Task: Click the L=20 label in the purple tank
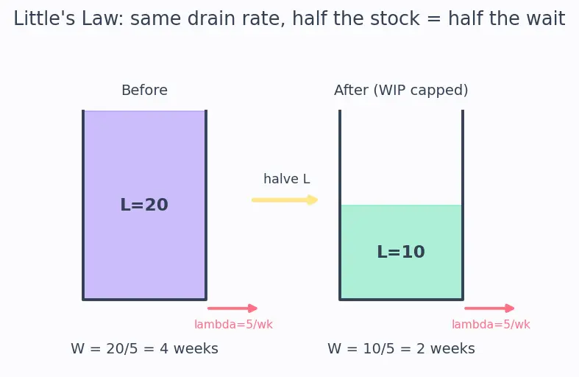click(144, 205)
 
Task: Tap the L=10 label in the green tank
click(401, 252)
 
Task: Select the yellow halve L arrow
click(285, 200)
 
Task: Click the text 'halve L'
click(286, 179)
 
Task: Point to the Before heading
click(144, 90)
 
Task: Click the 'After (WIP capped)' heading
click(401, 90)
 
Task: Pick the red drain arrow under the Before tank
click(232, 309)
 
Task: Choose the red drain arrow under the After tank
click(489, 309)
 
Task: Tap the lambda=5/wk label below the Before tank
click(233, 325)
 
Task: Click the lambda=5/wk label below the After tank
click(491, 325)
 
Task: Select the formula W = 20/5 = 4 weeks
click(144, 348)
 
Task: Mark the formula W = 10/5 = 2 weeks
click(401, 348)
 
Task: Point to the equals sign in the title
click(434, 19)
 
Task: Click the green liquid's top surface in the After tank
click(401, 205)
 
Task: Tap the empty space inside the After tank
click(401, 158)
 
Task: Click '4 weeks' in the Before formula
click(188, 348)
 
